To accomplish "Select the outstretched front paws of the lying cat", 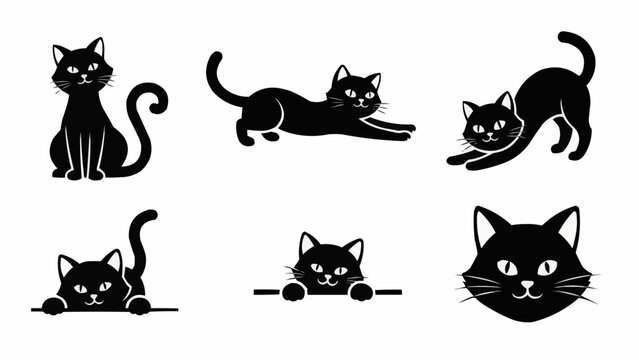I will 400,129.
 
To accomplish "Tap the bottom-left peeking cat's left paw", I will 55,303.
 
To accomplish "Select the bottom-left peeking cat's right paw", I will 138,303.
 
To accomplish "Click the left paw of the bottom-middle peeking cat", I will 293,291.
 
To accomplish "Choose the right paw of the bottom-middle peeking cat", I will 360,291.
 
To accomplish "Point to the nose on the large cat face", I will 527,283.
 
